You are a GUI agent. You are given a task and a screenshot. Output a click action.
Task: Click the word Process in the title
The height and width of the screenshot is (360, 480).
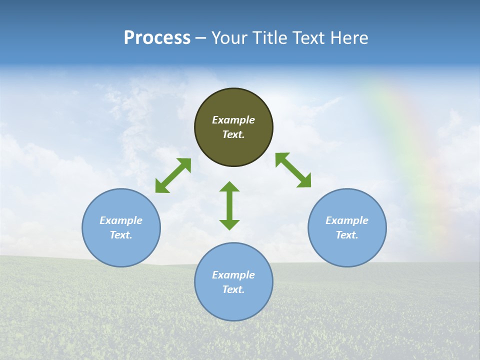point(157,38)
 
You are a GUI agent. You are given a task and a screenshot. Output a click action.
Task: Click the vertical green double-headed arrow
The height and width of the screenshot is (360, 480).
point(229,205)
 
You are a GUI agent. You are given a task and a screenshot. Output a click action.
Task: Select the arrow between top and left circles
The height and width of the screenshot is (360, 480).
point(173,175)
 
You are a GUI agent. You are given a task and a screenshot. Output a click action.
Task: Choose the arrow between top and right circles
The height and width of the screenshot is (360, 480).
point(293,170)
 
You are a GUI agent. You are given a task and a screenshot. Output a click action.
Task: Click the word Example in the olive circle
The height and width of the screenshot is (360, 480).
point(233,120)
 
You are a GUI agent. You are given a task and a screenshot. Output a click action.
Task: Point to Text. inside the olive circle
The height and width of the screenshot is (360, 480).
point(233,134)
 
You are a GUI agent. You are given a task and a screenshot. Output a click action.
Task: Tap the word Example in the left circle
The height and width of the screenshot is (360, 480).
point(121,220)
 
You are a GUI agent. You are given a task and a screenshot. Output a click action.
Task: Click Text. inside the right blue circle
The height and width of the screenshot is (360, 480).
point(347,235)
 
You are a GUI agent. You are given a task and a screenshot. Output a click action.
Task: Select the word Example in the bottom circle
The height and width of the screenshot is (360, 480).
point(233,275)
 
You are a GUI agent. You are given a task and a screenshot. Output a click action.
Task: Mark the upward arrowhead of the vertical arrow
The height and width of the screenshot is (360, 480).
point(229,186)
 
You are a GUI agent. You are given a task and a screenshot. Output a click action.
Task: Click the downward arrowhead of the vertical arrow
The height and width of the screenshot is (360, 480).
point(229,224)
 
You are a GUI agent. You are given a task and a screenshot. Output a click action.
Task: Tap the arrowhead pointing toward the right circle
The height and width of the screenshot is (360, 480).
point(304,181)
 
